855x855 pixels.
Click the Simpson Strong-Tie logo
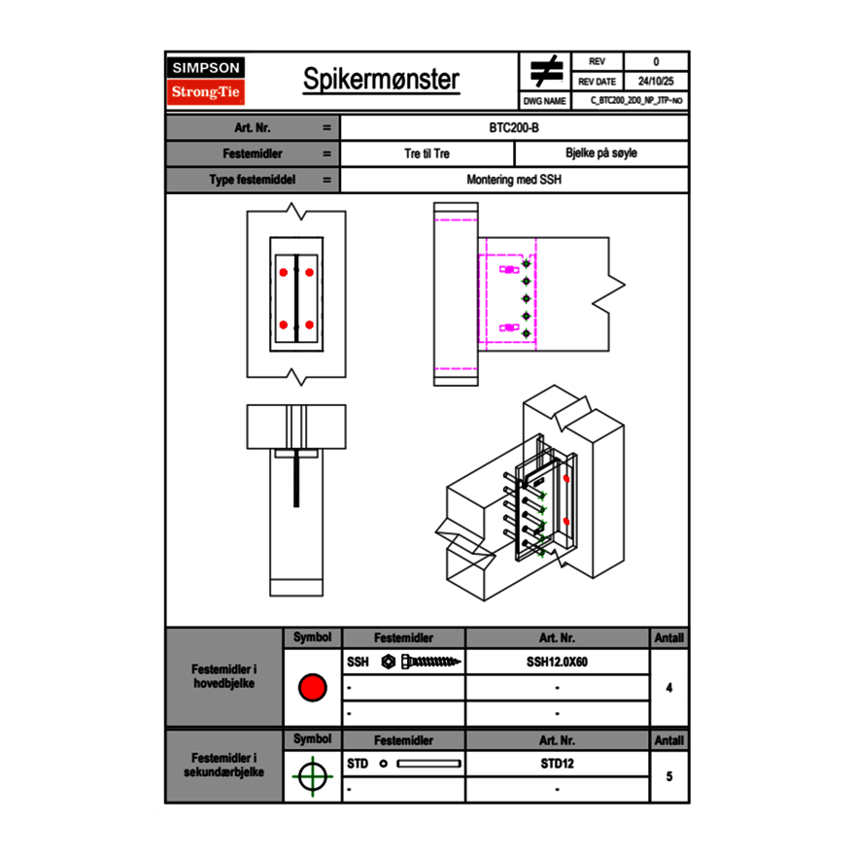(206, 81)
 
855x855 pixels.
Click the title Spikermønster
(381, 80)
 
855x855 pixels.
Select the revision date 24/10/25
(656, 82)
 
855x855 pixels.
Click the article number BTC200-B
(515, 127)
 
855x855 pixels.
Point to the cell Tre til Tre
(427, 154)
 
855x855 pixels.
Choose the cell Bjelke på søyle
(600, 154)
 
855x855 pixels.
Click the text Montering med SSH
(514, 180)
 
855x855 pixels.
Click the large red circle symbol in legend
(312, 688)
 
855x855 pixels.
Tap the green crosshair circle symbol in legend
(312, 776)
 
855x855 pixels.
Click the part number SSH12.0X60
(557, 662)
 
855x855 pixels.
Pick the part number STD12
(557, 764)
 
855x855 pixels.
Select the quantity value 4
(669, 688)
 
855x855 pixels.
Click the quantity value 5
(669, 776)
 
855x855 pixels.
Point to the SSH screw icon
(422, 662)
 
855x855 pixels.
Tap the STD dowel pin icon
(422, 764)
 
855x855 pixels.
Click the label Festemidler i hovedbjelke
(224, 677)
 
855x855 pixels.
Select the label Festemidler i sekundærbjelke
(224, 766)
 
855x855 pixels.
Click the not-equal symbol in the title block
(546, 72)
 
